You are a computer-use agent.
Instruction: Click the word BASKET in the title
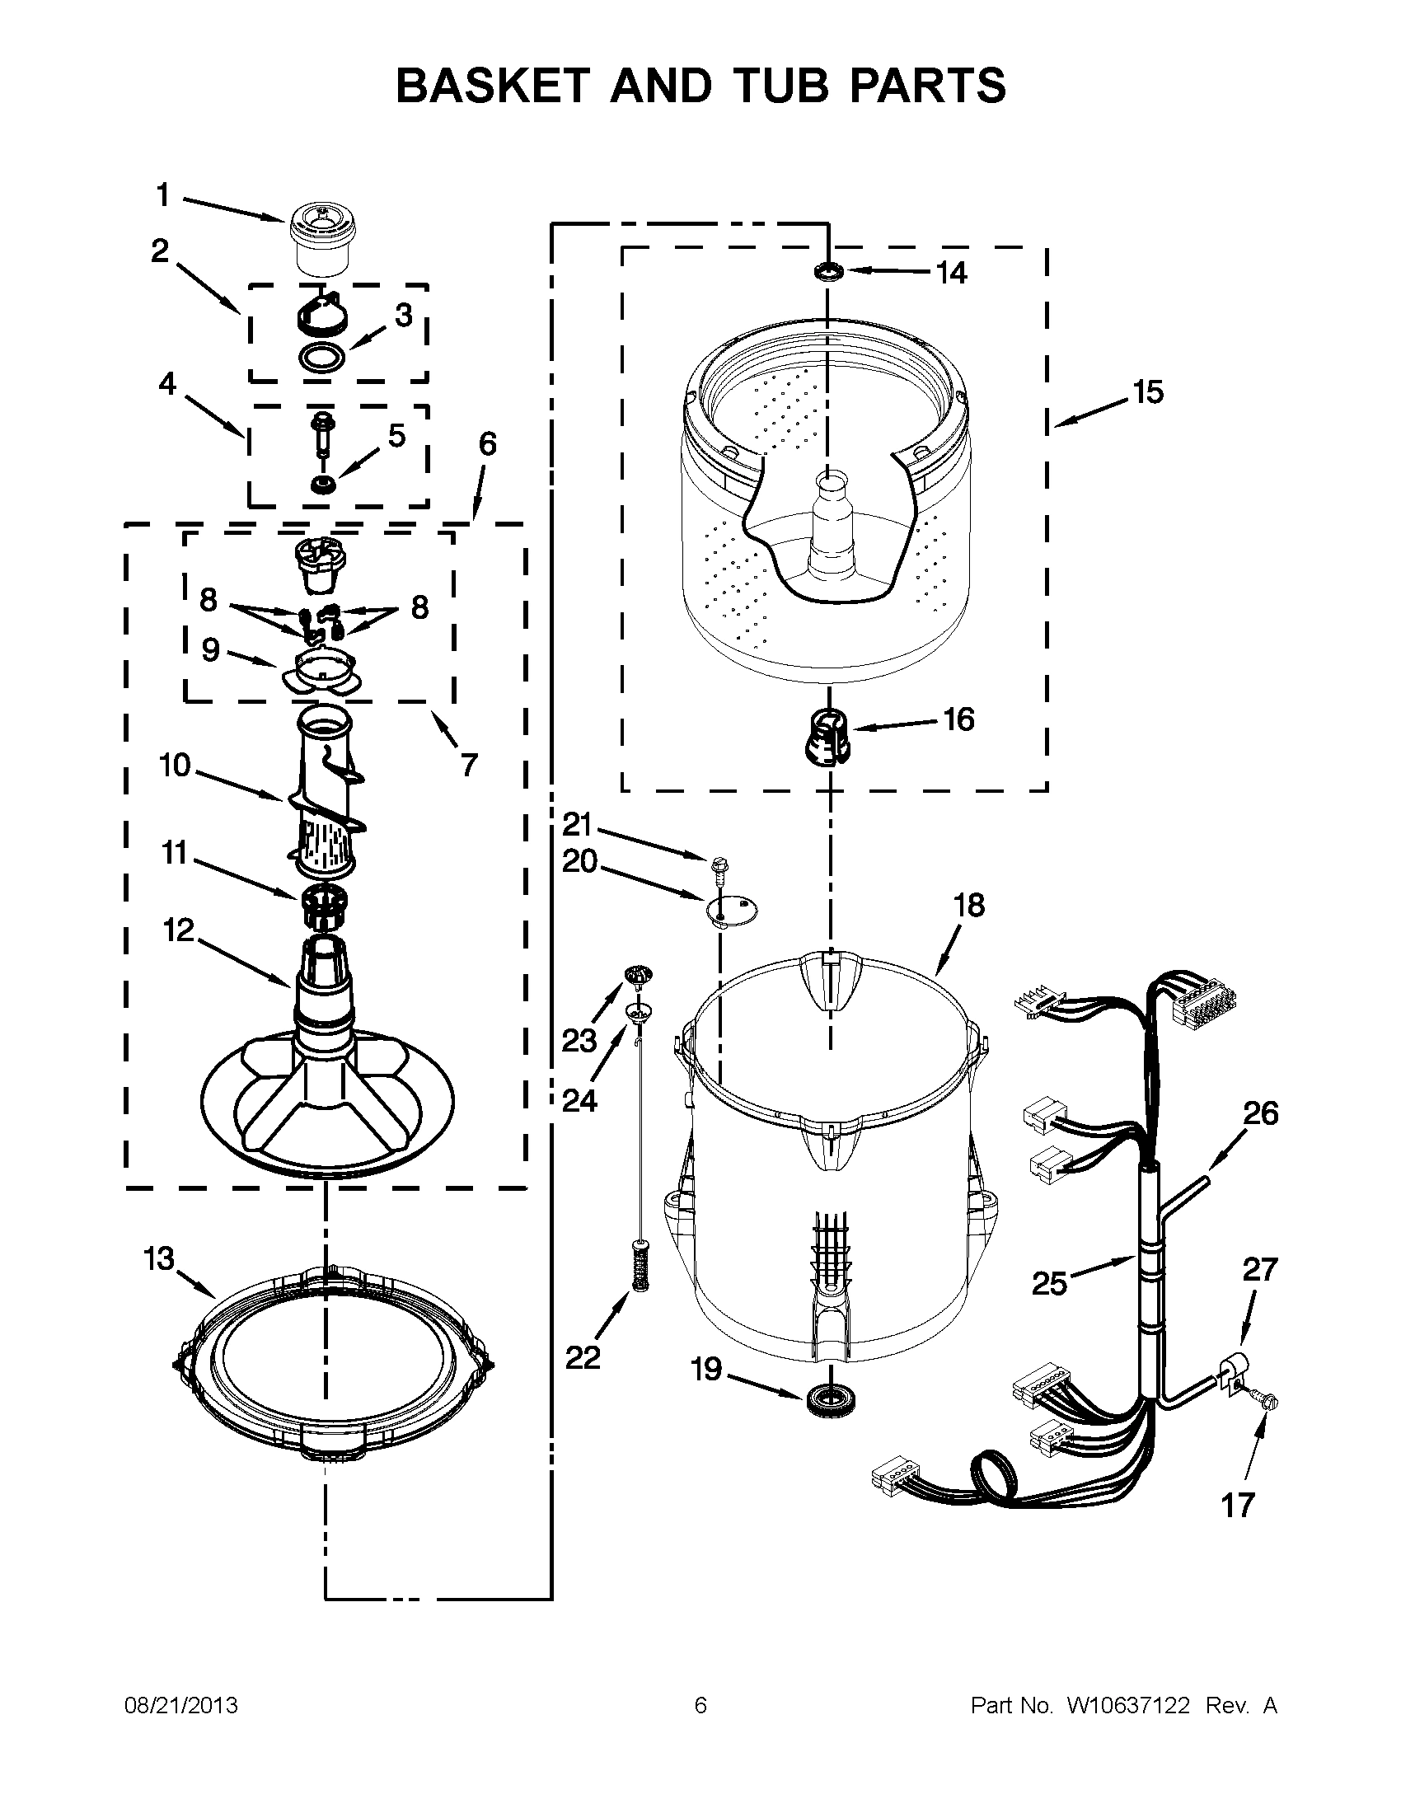click(491, 86)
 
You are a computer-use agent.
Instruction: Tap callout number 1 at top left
click(163, 196)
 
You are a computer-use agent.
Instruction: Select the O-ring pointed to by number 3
click(321, 357)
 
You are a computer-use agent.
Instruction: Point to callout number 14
click(952, 272)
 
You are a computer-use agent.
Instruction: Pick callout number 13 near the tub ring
click(159, 1258)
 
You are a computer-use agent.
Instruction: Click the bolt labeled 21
click(717, 868)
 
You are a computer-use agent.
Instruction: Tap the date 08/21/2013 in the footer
click(181, 1705)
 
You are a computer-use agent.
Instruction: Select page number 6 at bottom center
click(700, 1705)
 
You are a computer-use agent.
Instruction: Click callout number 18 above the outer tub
click(968, 905)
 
